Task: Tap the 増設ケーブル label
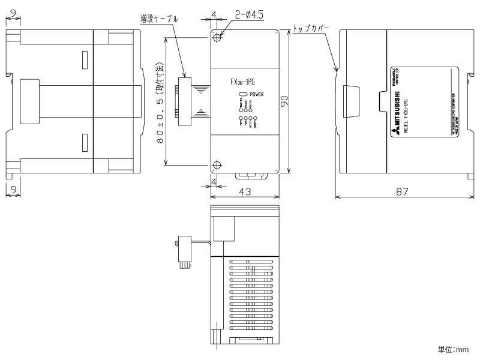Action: click(x=159, y=19)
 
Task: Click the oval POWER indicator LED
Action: click(x=244, y=95)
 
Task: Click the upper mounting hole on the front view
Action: click(x=217, y=37)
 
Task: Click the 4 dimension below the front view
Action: click(x=214, y=180)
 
